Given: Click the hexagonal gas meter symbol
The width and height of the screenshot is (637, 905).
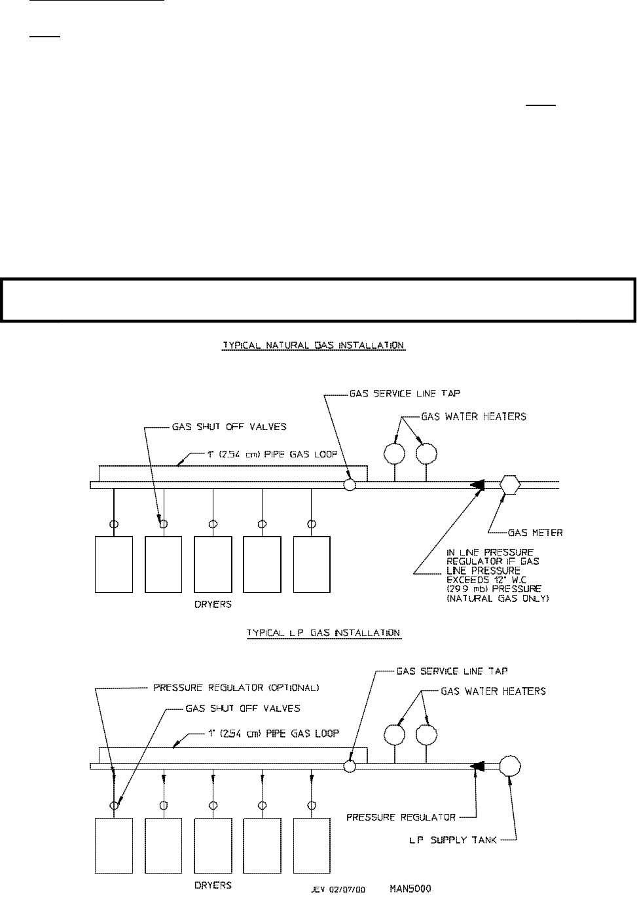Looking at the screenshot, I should coord(510,485).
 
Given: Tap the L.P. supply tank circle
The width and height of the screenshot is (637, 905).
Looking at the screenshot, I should coord(509,766).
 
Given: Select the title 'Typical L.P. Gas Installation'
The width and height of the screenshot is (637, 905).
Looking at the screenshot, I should coord(323,633).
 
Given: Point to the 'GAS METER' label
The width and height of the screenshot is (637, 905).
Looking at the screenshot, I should coord(535,533).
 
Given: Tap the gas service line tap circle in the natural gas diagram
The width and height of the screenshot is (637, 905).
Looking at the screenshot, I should coord(350,485).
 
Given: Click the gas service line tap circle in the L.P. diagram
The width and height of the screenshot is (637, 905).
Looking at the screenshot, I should coord(350,766).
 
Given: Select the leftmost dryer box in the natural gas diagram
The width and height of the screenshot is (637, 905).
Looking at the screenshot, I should coord(114,564).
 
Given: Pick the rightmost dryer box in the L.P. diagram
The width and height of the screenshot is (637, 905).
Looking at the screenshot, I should coord(312,846).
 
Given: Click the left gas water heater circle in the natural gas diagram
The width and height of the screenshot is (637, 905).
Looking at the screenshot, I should coord(395,453).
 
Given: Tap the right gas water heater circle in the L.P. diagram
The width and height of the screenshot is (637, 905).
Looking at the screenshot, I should coord(427,735).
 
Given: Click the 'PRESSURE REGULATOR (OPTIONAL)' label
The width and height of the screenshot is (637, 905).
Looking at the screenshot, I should coord(236,688).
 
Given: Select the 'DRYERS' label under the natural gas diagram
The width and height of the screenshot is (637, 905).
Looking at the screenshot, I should coord(213,605).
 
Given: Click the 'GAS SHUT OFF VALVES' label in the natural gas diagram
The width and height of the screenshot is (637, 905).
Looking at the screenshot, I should coord(229,427).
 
